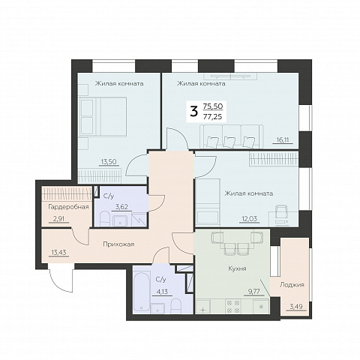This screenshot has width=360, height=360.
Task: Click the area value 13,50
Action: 109,162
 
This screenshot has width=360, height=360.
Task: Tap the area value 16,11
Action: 283,139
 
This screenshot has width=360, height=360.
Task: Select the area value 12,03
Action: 250,218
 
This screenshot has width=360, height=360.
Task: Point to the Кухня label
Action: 237,268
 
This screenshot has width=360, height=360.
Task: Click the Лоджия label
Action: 292,285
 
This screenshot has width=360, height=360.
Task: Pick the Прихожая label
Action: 118,244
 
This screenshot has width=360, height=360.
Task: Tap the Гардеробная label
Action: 68,207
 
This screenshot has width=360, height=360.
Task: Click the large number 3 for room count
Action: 194,112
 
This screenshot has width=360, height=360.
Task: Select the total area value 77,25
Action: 213,116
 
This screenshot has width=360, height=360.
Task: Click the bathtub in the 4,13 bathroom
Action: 141,291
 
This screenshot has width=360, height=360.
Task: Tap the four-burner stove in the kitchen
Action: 233,307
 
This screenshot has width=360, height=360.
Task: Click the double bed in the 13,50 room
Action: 103,117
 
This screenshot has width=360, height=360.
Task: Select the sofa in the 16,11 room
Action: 232,137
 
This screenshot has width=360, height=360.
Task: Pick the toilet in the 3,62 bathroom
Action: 105,219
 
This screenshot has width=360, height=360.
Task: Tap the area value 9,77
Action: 254,292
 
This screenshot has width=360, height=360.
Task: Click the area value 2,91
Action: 59,219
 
